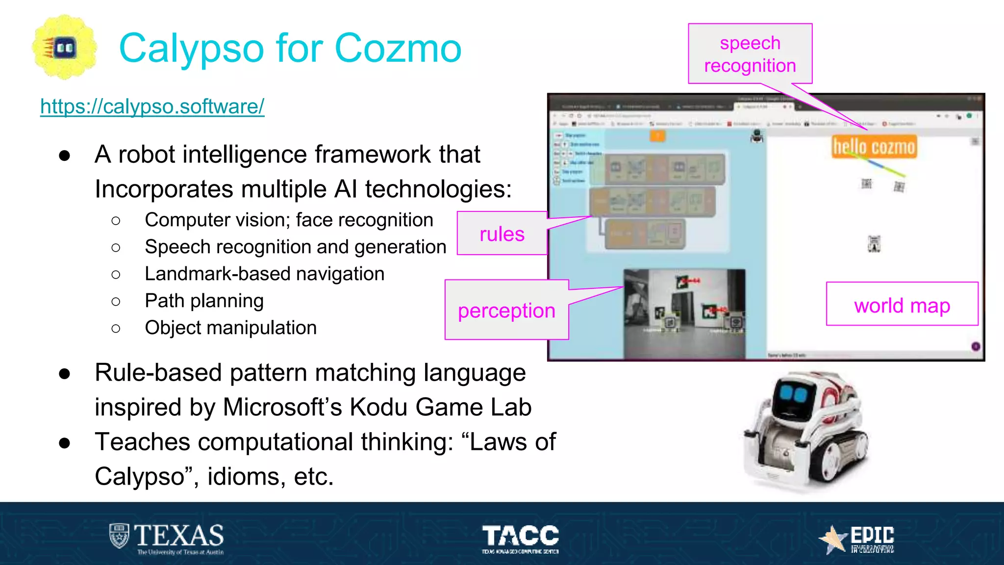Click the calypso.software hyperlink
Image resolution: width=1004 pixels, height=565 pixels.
152,106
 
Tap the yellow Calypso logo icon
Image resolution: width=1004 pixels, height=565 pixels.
64,47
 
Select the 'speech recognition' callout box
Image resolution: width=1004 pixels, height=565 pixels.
750,54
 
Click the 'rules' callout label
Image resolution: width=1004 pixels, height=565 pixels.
502,234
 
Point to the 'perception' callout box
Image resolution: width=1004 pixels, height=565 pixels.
506,310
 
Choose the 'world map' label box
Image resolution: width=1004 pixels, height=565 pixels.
902,305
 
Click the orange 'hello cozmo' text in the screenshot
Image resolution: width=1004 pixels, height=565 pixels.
874,147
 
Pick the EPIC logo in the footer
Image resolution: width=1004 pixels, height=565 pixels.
858,539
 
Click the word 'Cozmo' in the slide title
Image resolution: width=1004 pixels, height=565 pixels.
398,48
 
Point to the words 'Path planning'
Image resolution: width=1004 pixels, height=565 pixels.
204,301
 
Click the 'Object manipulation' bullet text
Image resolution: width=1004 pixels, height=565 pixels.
230,328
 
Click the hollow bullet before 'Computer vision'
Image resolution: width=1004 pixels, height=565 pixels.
116,221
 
